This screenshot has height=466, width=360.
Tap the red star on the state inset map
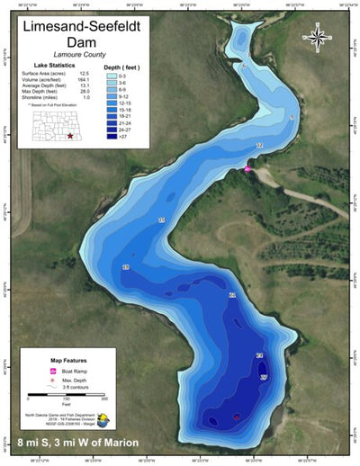[70, 135]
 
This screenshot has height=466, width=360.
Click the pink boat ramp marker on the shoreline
[248, 168]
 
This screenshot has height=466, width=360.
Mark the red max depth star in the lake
[237, 417]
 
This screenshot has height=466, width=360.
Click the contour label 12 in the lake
[260, 146]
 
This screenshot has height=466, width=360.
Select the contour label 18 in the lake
[126, 268]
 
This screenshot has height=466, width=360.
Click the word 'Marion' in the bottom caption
[118, 443]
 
